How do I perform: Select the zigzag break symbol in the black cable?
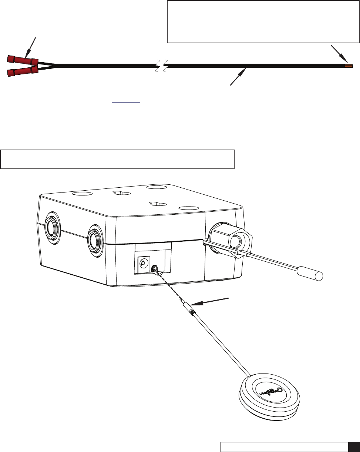click(x=161, y=66)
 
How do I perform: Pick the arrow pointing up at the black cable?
click(x=239, y=76)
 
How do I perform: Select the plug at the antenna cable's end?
click(x=188, y=309)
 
